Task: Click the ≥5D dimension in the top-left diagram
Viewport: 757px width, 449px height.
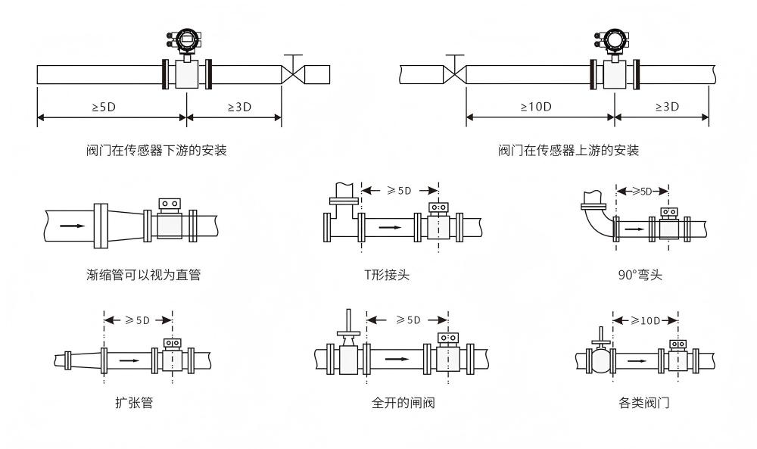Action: (x=104, y=107)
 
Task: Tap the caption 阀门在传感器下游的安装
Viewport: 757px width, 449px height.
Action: (x=157, y=151)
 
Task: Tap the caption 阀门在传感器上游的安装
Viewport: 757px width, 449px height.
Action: (x=569, y=151)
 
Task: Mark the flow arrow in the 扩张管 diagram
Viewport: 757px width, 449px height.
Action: (x=129, y=360)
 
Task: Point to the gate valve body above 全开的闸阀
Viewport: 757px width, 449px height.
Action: (x=349, y=357)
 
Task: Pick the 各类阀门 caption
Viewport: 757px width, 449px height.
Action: (x=643, y=404)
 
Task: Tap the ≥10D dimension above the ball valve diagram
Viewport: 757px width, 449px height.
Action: (x=646, y=320)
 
